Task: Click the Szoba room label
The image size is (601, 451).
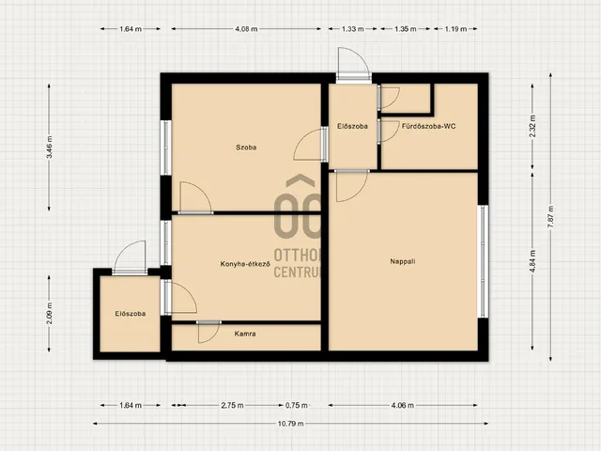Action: (x=246, y=148)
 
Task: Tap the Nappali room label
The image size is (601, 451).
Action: (x=403, y=261)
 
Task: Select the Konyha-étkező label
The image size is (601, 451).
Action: (x=245, y=264)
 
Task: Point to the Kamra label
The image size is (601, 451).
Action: (x=245, y=334)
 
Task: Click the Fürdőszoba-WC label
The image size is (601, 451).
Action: (x=428, y=126)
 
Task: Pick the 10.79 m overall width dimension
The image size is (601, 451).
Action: (x=290, y=424)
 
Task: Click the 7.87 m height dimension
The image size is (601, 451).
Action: (x=551, y=217)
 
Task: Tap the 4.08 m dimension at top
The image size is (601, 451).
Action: (x=246, y=29)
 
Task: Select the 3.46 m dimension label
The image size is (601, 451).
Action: (x=49, y=148)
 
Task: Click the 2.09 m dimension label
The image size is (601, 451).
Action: (x=49, y=313)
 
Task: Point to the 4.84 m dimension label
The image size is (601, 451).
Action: (x=532, y=261)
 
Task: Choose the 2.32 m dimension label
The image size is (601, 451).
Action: (x=532, y=127)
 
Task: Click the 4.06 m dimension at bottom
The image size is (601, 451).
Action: (x=403, y=405)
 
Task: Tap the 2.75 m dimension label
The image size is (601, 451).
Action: (x=232, y=405)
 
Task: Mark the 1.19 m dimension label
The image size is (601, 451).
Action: (x=455, y=29)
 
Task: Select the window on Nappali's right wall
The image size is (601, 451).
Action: (x=484, y=261)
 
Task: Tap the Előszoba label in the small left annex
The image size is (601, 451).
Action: (x=131, y=314)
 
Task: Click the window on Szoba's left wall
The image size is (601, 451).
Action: (x=166, y=148)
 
